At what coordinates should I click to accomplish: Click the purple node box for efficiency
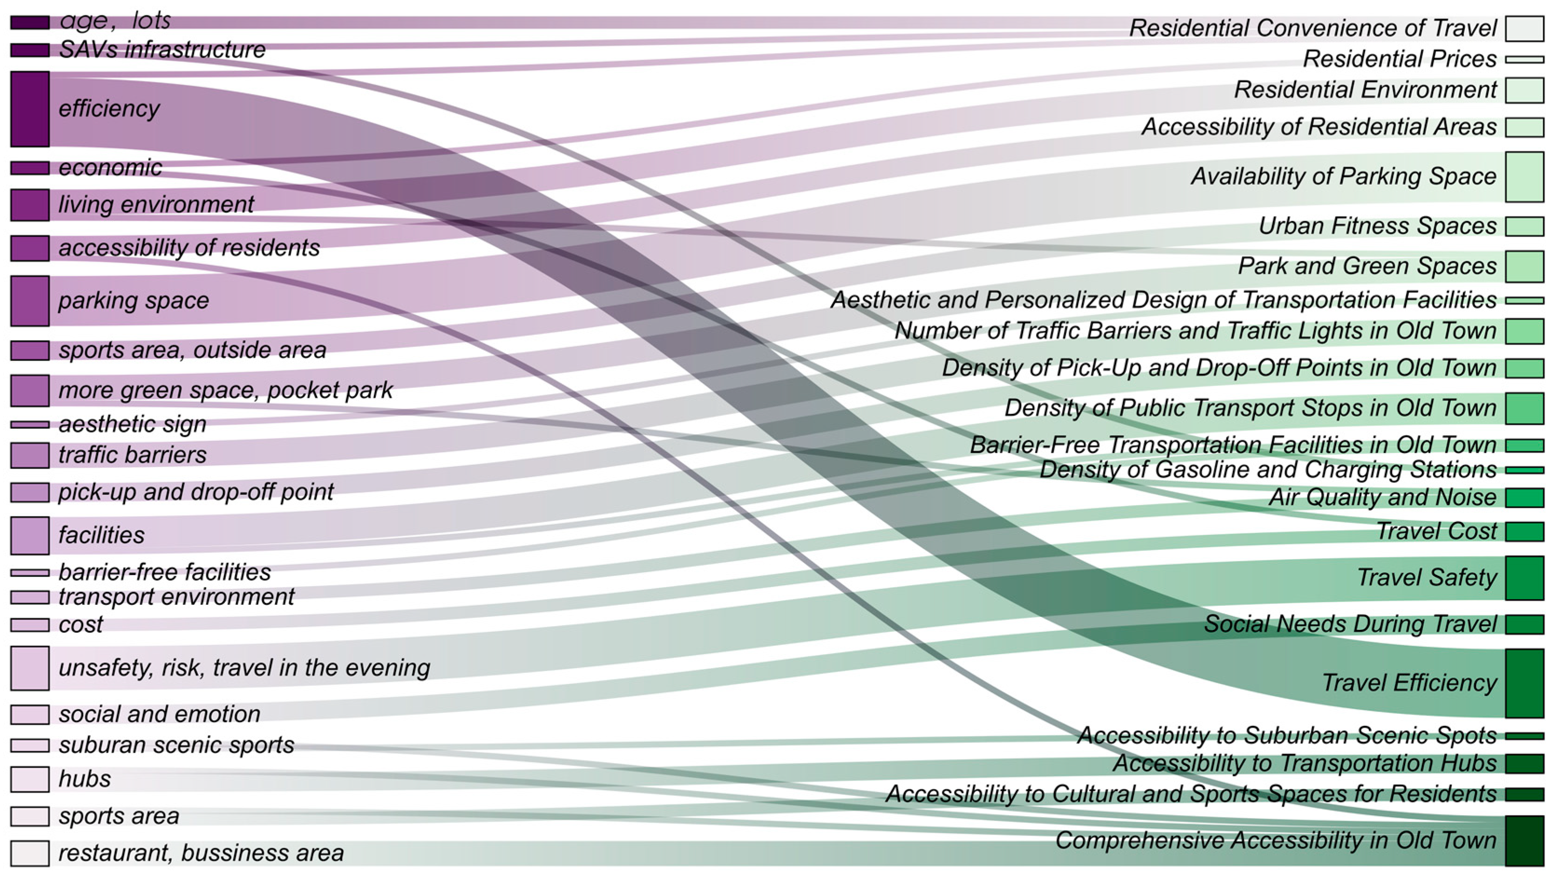[x=30, y=108]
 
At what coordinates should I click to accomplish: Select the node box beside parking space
[x=30, y=301]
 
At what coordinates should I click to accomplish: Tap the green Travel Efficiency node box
[x=1524, y=683]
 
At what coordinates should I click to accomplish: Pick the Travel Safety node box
[x=1524, y=578]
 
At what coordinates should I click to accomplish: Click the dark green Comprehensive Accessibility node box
[x=1524, y=840]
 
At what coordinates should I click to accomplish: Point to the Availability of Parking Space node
[x=1524, y=176]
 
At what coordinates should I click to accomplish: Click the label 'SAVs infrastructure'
[x=162, y=49]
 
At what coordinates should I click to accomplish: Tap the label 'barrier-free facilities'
[x=164, y=572]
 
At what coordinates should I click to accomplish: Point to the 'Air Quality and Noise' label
[x=1382, y=497]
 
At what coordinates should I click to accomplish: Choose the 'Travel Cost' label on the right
[x=1436, y=531]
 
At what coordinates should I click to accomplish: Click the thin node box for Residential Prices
[x=1524, y=59]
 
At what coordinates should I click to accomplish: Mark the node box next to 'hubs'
[x=30, y=779]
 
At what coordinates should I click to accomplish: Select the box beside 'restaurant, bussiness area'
[x=30, y=853]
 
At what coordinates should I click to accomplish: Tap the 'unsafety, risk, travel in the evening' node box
[x=30, y=668]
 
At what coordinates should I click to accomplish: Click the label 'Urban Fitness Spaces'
[x=1377, y=226]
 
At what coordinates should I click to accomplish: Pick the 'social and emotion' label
[x=159, y=714]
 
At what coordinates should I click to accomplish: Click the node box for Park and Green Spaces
[x=1524, y=266]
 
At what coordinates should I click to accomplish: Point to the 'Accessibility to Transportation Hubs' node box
[x=1524, y=763]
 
